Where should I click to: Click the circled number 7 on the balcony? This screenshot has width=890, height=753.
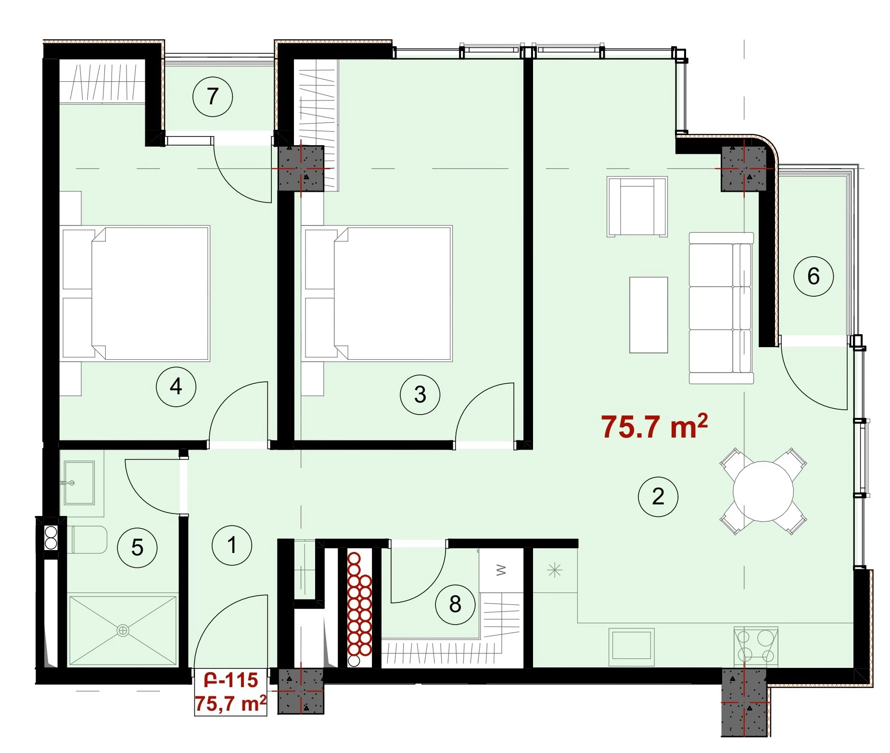tap(213, 97)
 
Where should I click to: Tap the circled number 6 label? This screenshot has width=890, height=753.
tap(813, 276)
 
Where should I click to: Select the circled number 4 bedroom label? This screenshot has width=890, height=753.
tap(176, 387)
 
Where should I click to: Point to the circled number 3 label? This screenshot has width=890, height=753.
tap(420, 395)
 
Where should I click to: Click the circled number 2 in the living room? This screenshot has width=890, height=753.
tap(658, 497)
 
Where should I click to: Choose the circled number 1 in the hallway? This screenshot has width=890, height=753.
tap(232, 545)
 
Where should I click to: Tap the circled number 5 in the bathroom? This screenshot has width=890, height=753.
tap(138, 548)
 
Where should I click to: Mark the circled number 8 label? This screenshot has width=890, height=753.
tap(455, 604)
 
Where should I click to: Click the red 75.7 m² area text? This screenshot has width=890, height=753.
tap(654, 426)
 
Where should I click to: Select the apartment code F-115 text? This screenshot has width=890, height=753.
tap(231, 680)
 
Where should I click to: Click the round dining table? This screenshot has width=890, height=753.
tap(763, 491)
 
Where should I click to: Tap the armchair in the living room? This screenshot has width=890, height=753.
tap(637, 207)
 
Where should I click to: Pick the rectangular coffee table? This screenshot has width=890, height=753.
tap(648, 315)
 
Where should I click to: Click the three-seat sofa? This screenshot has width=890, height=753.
tap(721, 308)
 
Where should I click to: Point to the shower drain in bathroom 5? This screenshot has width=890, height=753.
tap(123, 630)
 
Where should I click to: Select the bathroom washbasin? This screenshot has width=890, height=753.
tap(79, 482)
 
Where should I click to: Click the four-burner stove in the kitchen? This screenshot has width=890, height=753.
tap(756, 646)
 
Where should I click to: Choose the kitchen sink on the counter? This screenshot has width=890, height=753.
tap(631, 646)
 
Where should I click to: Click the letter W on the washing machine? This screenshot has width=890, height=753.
tap(501, 571)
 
